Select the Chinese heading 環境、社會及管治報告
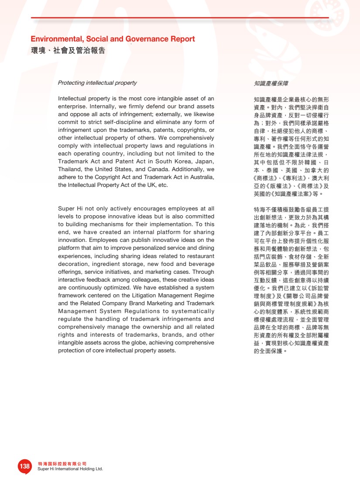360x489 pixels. tap(68, 51)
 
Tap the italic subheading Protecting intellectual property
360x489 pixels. tap(97, 83)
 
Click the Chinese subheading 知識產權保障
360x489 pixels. tap(271, 83)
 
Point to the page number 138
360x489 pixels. tap(24, 466)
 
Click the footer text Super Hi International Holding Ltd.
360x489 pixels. tap(70, 469)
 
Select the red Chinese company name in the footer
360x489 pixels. tap(62, 464)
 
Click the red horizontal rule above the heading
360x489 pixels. tap(180, 18)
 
